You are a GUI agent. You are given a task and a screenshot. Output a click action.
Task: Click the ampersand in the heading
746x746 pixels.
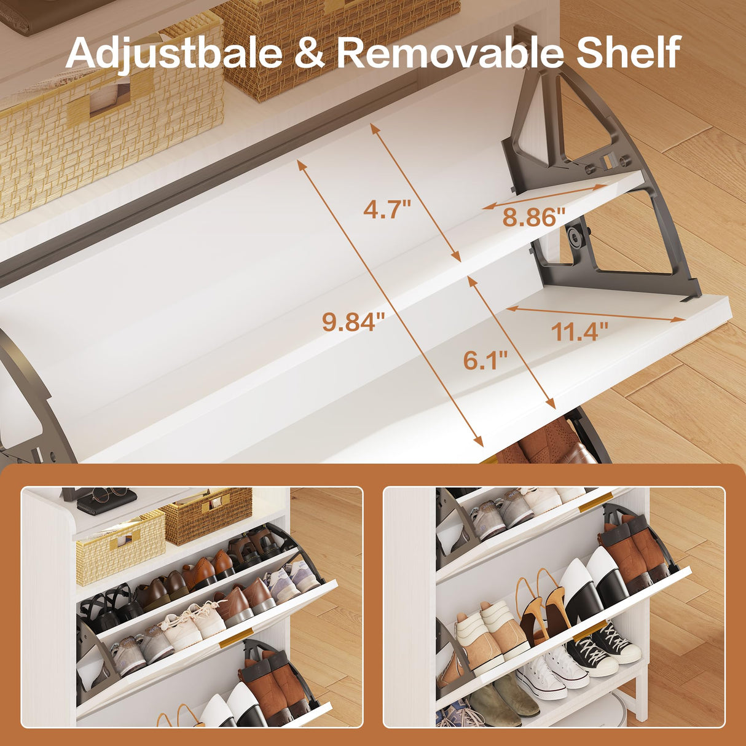pyautogui.click(x=310, y=53)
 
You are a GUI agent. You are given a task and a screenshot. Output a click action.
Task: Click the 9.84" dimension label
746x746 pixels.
pyautogui.click(x=353, y=322)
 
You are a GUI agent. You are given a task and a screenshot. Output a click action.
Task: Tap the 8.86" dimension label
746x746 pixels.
pyautogui.click(x=535, y=217)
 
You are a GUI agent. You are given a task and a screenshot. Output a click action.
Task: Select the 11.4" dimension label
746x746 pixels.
pyautogui.click(x=579, y=331)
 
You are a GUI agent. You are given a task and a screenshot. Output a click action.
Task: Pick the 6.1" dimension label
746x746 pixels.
pyautogui.click(x=485, y=360)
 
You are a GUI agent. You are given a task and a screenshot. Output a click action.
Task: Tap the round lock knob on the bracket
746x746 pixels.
pyautogui.click(x=575, y=234)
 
